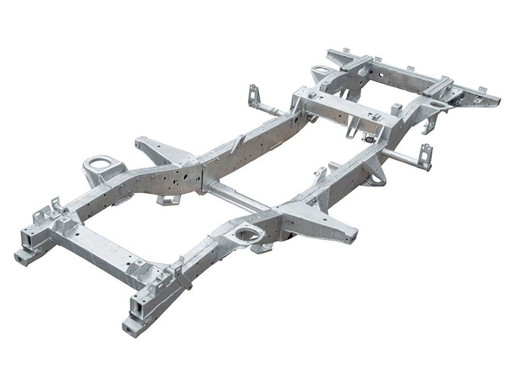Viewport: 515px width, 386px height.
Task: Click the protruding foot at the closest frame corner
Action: click(x=132, y=327)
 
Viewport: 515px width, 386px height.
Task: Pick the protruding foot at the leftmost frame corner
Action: click(x=24, y=257)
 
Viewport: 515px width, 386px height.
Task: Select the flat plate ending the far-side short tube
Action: click(x=253, y=96)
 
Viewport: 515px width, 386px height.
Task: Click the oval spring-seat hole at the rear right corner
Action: click(x=438, y=106)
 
